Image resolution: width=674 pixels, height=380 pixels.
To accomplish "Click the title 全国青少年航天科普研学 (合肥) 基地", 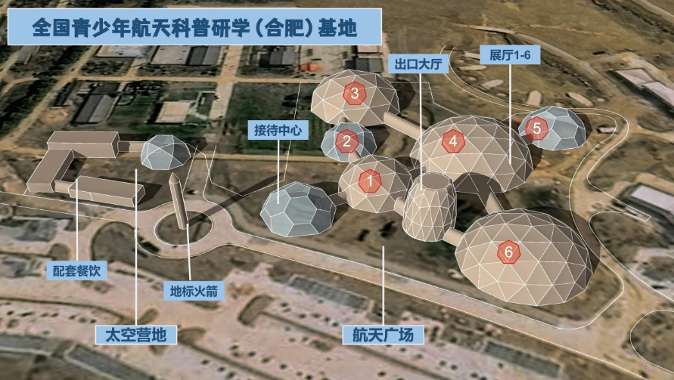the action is pos(194,26).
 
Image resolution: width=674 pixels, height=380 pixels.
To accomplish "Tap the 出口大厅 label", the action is pos(418,64).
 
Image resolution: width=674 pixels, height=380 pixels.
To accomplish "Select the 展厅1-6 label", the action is pos(510,55).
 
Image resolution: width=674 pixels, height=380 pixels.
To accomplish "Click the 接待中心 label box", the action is pos(278,130).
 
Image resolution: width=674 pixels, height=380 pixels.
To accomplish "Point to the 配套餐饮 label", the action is pos(76,270).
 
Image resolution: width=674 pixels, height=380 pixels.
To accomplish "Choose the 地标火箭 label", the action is pos(194,291).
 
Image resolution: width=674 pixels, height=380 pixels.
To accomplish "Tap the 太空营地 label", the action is pos(136,335).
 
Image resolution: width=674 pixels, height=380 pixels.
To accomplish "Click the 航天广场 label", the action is pos(383,335).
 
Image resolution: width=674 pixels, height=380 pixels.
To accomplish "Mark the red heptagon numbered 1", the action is pos(370,181).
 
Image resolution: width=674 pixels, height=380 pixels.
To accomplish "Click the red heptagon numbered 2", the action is pos(347,141).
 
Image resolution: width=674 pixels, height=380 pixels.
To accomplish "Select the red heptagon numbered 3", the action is pos(355,93).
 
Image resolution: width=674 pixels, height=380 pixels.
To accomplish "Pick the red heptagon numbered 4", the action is pos(453,141).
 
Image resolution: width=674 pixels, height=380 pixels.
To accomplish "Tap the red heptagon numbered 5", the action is pos(536,128).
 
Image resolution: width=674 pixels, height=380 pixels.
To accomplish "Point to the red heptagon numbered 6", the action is pos(509,252).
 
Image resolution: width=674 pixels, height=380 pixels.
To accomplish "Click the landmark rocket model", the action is pos(179,200).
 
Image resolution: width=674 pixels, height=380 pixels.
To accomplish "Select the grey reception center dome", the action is pos(298,209).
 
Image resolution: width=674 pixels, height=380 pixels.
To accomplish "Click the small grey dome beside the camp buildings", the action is pos(166,152).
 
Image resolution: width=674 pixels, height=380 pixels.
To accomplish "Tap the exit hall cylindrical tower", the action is pos(430,207).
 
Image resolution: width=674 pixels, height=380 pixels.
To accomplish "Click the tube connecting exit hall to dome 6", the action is pos(455,237).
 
